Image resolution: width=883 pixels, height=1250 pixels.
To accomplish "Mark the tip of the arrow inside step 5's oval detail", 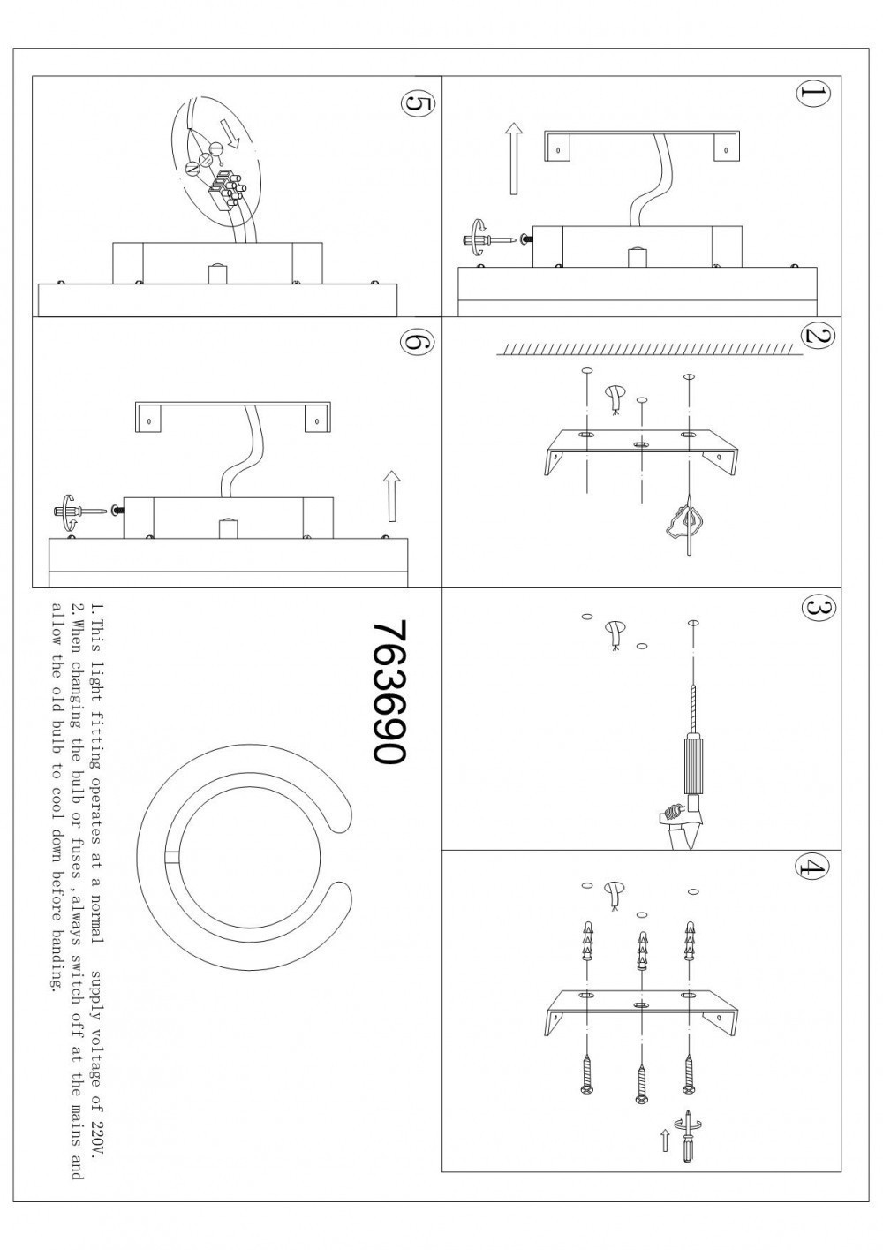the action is click(237, 147).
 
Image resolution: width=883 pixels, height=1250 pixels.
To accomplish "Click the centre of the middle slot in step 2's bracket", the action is click(641, 444).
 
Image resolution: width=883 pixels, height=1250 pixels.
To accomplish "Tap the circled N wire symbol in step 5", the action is click(192, 168).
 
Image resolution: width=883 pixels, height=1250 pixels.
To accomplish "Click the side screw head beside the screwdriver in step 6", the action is click(117, 510).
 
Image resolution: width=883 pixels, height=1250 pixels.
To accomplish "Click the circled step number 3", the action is click(818, 608).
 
